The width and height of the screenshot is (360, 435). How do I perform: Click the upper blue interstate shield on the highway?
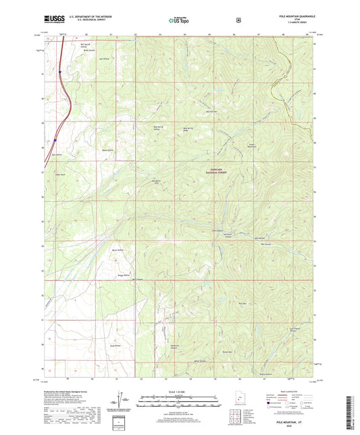click(x=59, y=70)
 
